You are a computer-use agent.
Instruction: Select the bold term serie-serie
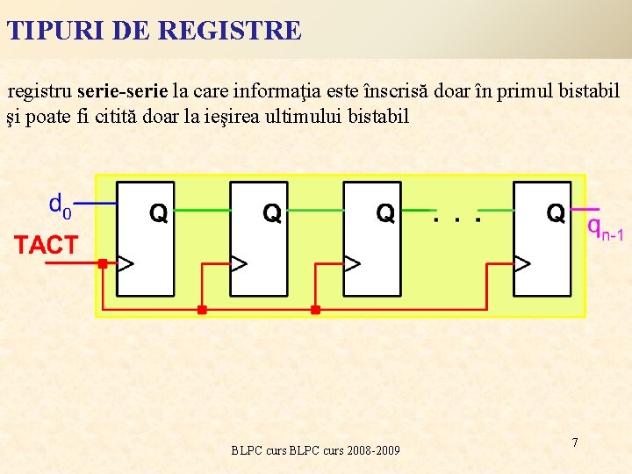(122, 90)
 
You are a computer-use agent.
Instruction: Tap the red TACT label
(46, 246)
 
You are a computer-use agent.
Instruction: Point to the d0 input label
(60, 206)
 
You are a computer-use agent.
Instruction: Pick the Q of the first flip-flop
(159, 212)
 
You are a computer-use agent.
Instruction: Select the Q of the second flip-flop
(272, 212)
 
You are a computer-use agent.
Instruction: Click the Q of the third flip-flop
(385, 212)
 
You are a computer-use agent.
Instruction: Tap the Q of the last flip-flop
(556, 212)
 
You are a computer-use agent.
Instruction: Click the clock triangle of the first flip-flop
(126, 262)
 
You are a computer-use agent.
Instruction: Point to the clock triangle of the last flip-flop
(521, 262)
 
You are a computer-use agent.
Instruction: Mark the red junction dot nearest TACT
(102, 263)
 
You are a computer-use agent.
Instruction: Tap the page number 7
(575, 442)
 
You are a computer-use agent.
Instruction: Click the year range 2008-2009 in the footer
(373, 450)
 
